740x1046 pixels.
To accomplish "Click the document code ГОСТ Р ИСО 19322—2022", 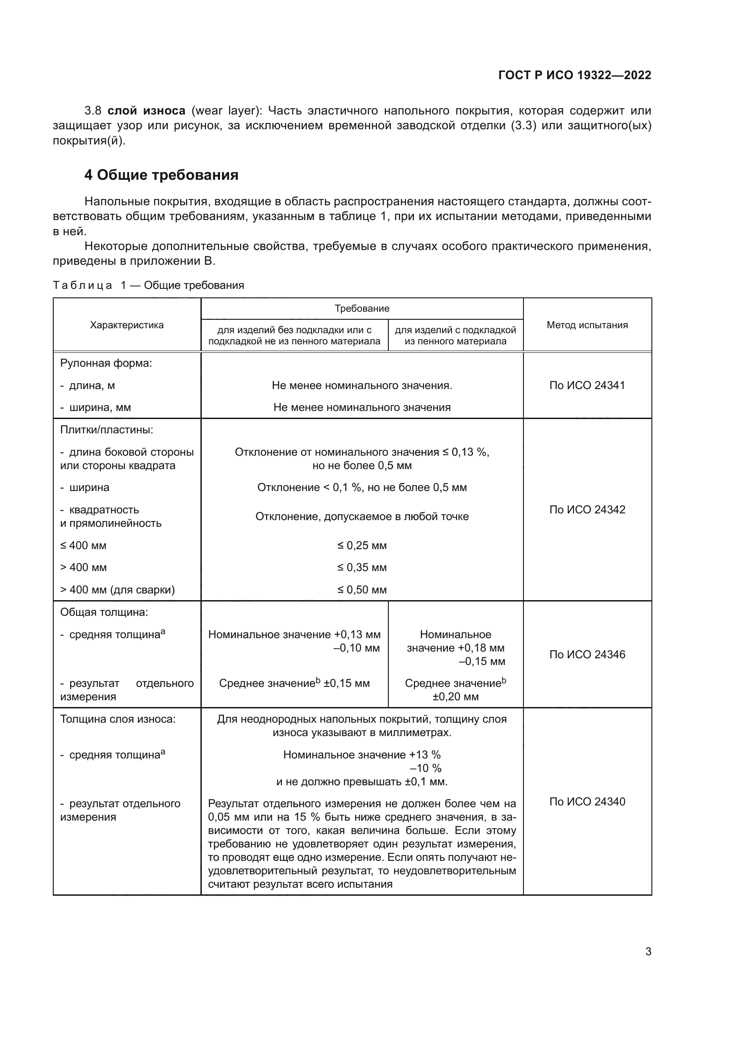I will pyautogui.click(x=574, y=75).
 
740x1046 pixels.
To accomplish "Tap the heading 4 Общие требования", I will pyautogui.click(x=162, y=175).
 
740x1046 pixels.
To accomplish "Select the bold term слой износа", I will pyautogui.click(x=146, y=111).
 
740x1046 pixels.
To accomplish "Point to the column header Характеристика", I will pyautogui.click(x=127, y=325).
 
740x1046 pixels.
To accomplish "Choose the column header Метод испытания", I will pyautogui.click(x=587, y=325).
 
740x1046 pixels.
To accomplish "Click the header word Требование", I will pyautogui.click(x=362, y=309).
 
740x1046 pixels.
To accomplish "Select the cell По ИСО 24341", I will pyautogui.click(x=587, y=385).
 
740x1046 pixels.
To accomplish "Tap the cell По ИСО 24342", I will pyautogui.click(x=587, y=509).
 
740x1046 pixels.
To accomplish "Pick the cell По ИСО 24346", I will pyautogui.click(x=587, y=655).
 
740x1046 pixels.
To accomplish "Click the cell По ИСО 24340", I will pyautogui.click(x=587, y=801).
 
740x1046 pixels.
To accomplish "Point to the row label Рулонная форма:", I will pyautogui.click(x=106, y=363).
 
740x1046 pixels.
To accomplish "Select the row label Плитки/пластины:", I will pyautogui.click(x=106, y=430).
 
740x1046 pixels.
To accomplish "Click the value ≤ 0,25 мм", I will pyautogui.click(x=362, y=545).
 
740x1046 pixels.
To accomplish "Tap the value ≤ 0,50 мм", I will pyautogui.click(x=362, y=590).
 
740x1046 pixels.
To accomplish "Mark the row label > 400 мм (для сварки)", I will pyautogui.click(x=117, y=590).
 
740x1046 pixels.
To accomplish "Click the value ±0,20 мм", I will pyautogui.click(x=455, y=697).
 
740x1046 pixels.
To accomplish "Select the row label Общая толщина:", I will pyautogui.click(x=104, y=612).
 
